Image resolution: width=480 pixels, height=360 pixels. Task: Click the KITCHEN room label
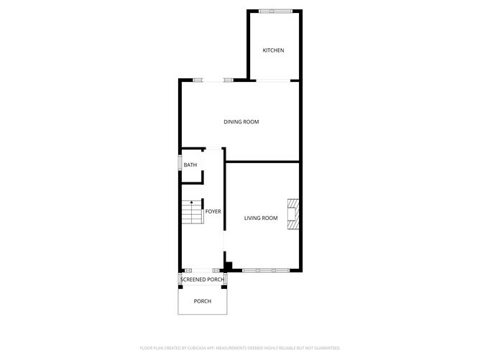pyautogui.click(x=273, y=50)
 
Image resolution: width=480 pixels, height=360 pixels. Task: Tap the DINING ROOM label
pyautogui.click(x=241, y=122)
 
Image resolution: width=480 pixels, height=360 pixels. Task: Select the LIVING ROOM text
pyautogui.click(x=261, y=218)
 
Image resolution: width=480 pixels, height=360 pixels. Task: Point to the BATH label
pyautogui.click(x=190, y=165)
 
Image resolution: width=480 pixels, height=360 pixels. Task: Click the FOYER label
pyautogui.click(x=213, y=211)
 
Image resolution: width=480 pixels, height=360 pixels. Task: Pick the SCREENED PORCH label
pyautogui.click(x=203, y=280)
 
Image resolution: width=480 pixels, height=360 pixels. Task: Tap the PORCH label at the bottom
pyautogui.click(x=203, y=301)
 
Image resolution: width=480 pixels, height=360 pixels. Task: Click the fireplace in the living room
pyautogui.click(x=293, y=214)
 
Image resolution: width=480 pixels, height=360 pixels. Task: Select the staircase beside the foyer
pyautogui.click(x=193, y=212)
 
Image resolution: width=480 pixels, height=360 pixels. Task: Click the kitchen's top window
pyautogui.click(x=275, y=11)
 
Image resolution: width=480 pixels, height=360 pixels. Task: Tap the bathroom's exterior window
pyautogui.click(x=180, y=162)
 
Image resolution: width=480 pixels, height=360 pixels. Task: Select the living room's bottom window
pyautogui.click(x=266, y=270)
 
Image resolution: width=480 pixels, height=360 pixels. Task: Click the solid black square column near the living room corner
pyautogui.click(x=229, y=266)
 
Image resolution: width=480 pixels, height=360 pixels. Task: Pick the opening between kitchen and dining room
pyautogui.click(x=273, y=80)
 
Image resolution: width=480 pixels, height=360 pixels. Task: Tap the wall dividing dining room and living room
pyautogui.click(x=262, y=161)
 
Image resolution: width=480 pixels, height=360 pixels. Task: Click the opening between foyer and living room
pyautogui.click(x=224, y=241)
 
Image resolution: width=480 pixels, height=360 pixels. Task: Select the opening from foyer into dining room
pyautogui.click(x=213, y=149)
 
